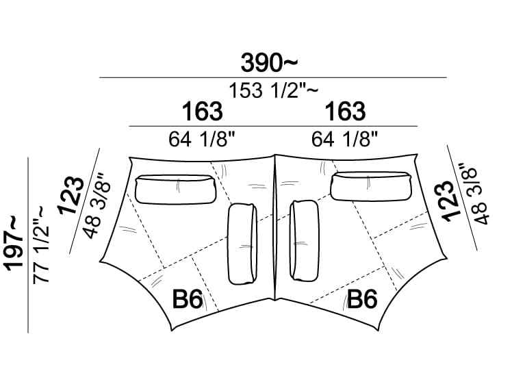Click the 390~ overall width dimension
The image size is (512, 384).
pyautogui.click(x=270, y=63)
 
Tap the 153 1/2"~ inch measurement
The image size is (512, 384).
pyautogui.click(x=273, y=90)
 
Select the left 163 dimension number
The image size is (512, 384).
pyautogui.click(x=203, y=112)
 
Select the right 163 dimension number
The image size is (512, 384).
pyautogui.click(x=345, y=112)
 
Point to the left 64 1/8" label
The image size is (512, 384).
pyautogui.click(x=202, y=139)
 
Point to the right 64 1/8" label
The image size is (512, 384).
pyautogui.click(x=344, y=139)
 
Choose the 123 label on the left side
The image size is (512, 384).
pyautogui.click(x=71, y=196)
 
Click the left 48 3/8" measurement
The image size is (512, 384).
pyautogui.click(x=97, y=206)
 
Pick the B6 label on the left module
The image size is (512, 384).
pyautogui.click(x=188, y=299)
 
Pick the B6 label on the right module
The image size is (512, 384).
pyautogui.click(x=362, y=299)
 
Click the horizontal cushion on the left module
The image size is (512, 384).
pyautogui.click(x=176, y=190)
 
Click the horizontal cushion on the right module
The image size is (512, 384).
pyautogui.click(x=371, y=186)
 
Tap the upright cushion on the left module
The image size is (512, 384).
pyautogui.click(x=242, y=244)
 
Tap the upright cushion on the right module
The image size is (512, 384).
pyautogui.click(x=305, y=241)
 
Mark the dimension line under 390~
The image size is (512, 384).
pyautogui.click(x=273, y=78)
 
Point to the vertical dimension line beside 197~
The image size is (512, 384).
pyautogui.click(x=28, y=245)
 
